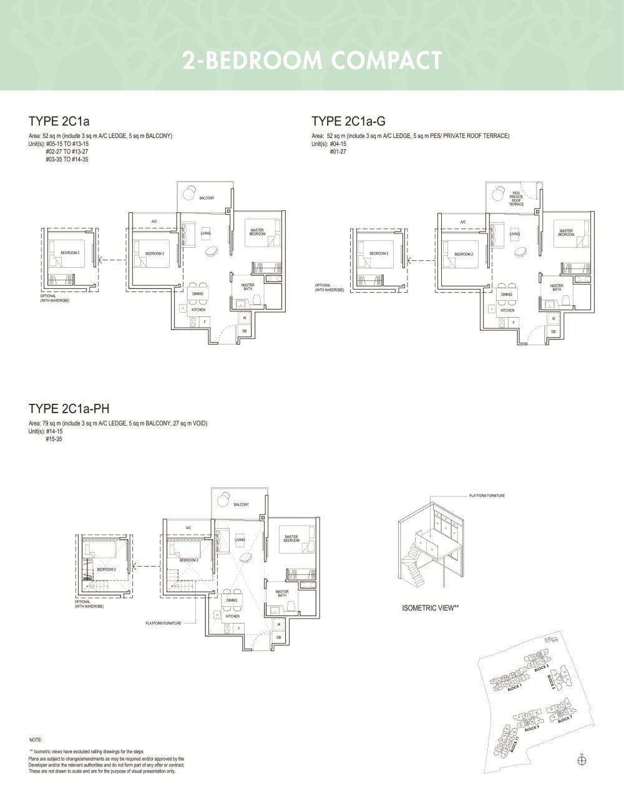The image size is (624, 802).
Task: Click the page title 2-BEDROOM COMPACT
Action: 312,61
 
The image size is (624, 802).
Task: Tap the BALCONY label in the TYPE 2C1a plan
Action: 207,198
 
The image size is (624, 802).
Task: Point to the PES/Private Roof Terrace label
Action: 516,198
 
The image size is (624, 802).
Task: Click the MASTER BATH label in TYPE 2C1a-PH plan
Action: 282,594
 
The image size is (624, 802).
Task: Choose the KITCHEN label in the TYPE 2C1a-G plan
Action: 507,310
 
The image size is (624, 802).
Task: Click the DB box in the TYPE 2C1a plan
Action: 245,330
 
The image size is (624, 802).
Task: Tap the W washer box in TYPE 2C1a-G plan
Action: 553,318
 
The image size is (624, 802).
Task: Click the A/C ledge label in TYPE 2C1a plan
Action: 154,222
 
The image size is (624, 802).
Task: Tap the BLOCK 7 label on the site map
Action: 565,719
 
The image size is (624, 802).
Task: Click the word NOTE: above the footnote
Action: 36,740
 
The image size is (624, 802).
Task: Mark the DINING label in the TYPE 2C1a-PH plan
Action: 232,600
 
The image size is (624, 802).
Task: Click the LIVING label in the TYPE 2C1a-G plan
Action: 515,234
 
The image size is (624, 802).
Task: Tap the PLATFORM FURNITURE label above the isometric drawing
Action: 487,496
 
